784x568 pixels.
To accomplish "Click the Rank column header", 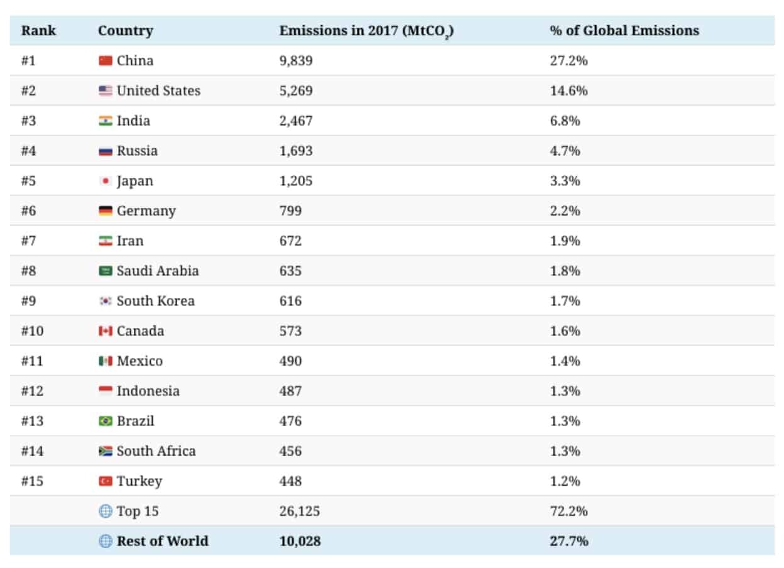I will point(38,31).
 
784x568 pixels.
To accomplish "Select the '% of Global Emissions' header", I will point(624,31).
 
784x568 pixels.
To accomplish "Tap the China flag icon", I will point(106,61).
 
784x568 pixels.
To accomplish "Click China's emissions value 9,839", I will point(296,61).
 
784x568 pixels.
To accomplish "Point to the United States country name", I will point(158,90).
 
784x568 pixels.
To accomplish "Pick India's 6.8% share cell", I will point(565,121).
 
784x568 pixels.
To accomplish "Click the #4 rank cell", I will point(28,151).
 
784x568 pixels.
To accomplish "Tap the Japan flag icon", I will point(106,181).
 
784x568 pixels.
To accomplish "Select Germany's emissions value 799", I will point(290,211).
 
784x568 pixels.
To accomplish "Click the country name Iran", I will point(130,241).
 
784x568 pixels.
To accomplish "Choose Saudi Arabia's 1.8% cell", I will point(565,271).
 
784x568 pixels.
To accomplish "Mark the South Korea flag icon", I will point(106,301).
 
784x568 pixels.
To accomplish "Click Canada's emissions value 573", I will point(290,331).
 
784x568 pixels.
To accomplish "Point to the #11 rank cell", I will point(32,361).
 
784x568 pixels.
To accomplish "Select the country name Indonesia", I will point(148,391).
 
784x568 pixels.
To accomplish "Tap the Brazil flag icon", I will point(106,421).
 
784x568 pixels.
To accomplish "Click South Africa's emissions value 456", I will point(290,451).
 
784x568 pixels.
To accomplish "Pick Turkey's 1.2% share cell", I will point(565,481).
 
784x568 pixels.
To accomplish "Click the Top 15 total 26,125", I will point(299,511).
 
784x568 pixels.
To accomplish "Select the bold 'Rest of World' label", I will point(162,541).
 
